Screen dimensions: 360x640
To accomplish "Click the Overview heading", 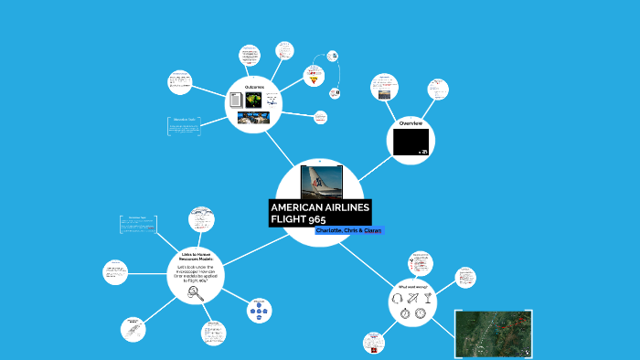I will tap(410, 122).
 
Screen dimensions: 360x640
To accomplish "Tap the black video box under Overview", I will tap(410, 142).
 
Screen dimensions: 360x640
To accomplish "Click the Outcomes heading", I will tap(253, 87).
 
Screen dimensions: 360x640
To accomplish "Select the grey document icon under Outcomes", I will tap(236, 100).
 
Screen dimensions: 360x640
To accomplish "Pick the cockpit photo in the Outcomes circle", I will tap(253, 118).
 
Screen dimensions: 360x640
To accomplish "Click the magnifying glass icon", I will tap(194, 292).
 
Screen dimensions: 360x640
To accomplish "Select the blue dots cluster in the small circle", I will tap(259, 312).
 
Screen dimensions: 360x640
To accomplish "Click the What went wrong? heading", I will tap(412, 287).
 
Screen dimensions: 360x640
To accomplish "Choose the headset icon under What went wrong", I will tap(403, 298).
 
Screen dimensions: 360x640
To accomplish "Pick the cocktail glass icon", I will tap(427, 298).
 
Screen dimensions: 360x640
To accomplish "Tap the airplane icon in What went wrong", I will tap(414, 298).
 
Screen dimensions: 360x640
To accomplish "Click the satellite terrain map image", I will tap(494, 334).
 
